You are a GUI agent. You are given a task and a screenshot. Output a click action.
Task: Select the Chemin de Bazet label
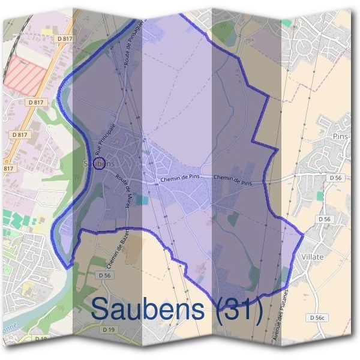(x=118, y=250)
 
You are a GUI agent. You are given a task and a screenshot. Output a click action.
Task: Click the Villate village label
(x=310, y=257)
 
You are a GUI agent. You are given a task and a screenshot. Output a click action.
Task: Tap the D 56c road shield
(x=318, y=317)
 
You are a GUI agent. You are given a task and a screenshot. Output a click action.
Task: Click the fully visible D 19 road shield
(x=109, y=330)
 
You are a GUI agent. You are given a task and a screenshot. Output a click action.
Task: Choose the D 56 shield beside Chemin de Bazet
(x=104, y=275)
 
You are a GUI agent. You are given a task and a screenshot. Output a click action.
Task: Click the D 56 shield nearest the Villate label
(x=325, y=220)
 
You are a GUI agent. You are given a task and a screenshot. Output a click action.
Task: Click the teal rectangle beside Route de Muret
(x=141, y=200)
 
